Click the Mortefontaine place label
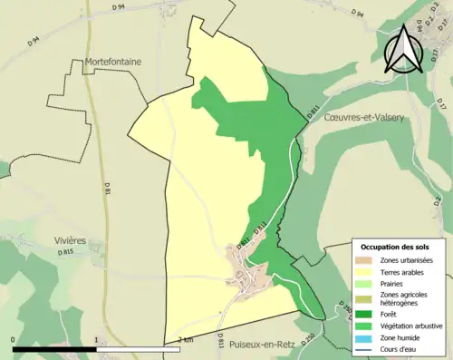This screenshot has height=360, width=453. [113, 62]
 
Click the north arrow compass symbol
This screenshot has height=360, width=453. [403, 48]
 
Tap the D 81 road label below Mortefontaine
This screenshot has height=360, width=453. [107, 190]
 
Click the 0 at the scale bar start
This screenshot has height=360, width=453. [14, 339]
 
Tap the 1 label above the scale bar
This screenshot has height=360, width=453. [96, 339]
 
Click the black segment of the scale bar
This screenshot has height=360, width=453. [54, 346]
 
